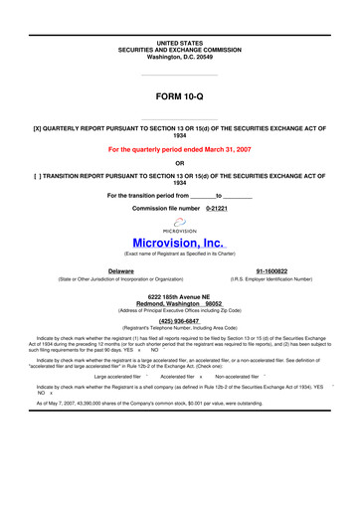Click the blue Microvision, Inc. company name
[179, 242]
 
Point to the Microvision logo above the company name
[179, 225]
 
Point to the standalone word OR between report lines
[179, 163]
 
